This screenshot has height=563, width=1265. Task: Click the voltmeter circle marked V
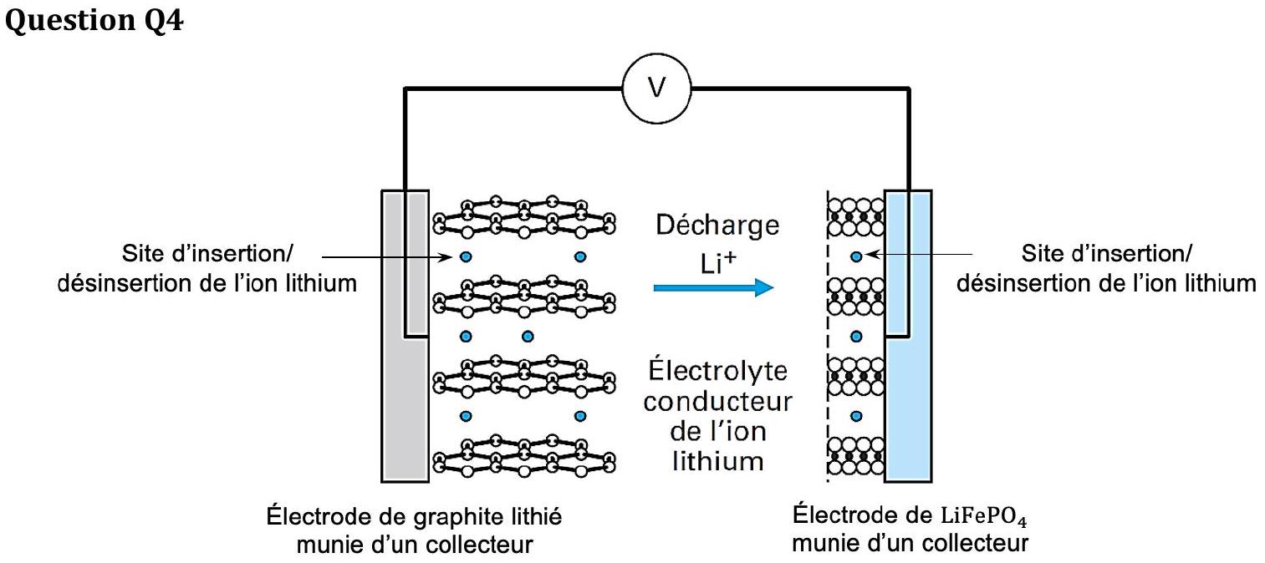tap(656, 89)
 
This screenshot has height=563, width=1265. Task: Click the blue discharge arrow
tap(713, 287)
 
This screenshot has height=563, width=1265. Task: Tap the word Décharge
tap(717, 225)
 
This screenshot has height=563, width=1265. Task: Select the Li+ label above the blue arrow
tap(717, 263)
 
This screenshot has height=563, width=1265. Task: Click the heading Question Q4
tap(94, 20)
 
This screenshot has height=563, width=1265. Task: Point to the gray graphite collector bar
tap(405, 337)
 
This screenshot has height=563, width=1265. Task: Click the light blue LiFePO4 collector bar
tap(908, 337)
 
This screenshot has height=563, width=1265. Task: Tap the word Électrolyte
tap(717, 371)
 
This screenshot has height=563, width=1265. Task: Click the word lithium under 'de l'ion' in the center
tap(717, 461)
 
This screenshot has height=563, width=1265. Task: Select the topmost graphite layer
tap(524, 216)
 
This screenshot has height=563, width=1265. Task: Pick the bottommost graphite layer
tap(524, 456)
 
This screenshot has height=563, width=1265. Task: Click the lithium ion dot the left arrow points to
tap(466, 257)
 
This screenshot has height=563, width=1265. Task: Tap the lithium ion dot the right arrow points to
tap(856, 256)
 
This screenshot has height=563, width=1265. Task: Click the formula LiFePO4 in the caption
tap(983, 516)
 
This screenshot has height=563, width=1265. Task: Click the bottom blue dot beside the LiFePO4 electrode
tap(856, 416)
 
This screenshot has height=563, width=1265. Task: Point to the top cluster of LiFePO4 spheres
tap(855, 216)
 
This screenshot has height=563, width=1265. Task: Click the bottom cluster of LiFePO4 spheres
tap(855, 456)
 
